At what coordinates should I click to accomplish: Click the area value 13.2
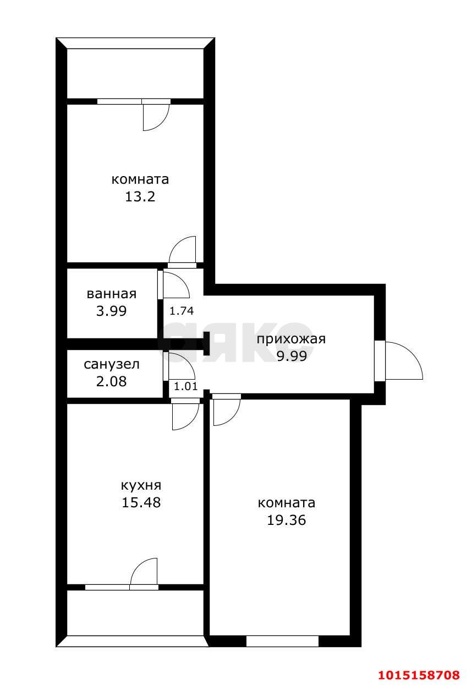click(x=140, y=196)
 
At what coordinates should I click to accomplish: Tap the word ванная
click(x=112, y=294)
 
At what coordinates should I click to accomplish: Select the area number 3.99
click(x=112, y=311)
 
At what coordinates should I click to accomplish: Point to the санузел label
click(x=112, y=364)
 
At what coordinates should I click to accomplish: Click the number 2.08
click(x=112, y=381)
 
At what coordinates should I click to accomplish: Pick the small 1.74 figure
click(x=181, y=311)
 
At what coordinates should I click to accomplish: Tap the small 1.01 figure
click(x=185, y=386)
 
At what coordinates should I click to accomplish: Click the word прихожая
click(x=291, y=339)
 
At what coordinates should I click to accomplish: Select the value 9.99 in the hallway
click(x=291, y=356)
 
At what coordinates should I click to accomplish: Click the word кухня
click(x=141, y=485)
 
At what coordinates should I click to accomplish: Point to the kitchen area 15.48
click(x=141, y=502)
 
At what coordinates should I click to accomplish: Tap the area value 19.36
click(x=286, y=520)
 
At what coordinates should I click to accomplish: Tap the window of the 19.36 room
click(x=282, y=641)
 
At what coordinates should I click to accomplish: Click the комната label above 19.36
click(x=286, y=503)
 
